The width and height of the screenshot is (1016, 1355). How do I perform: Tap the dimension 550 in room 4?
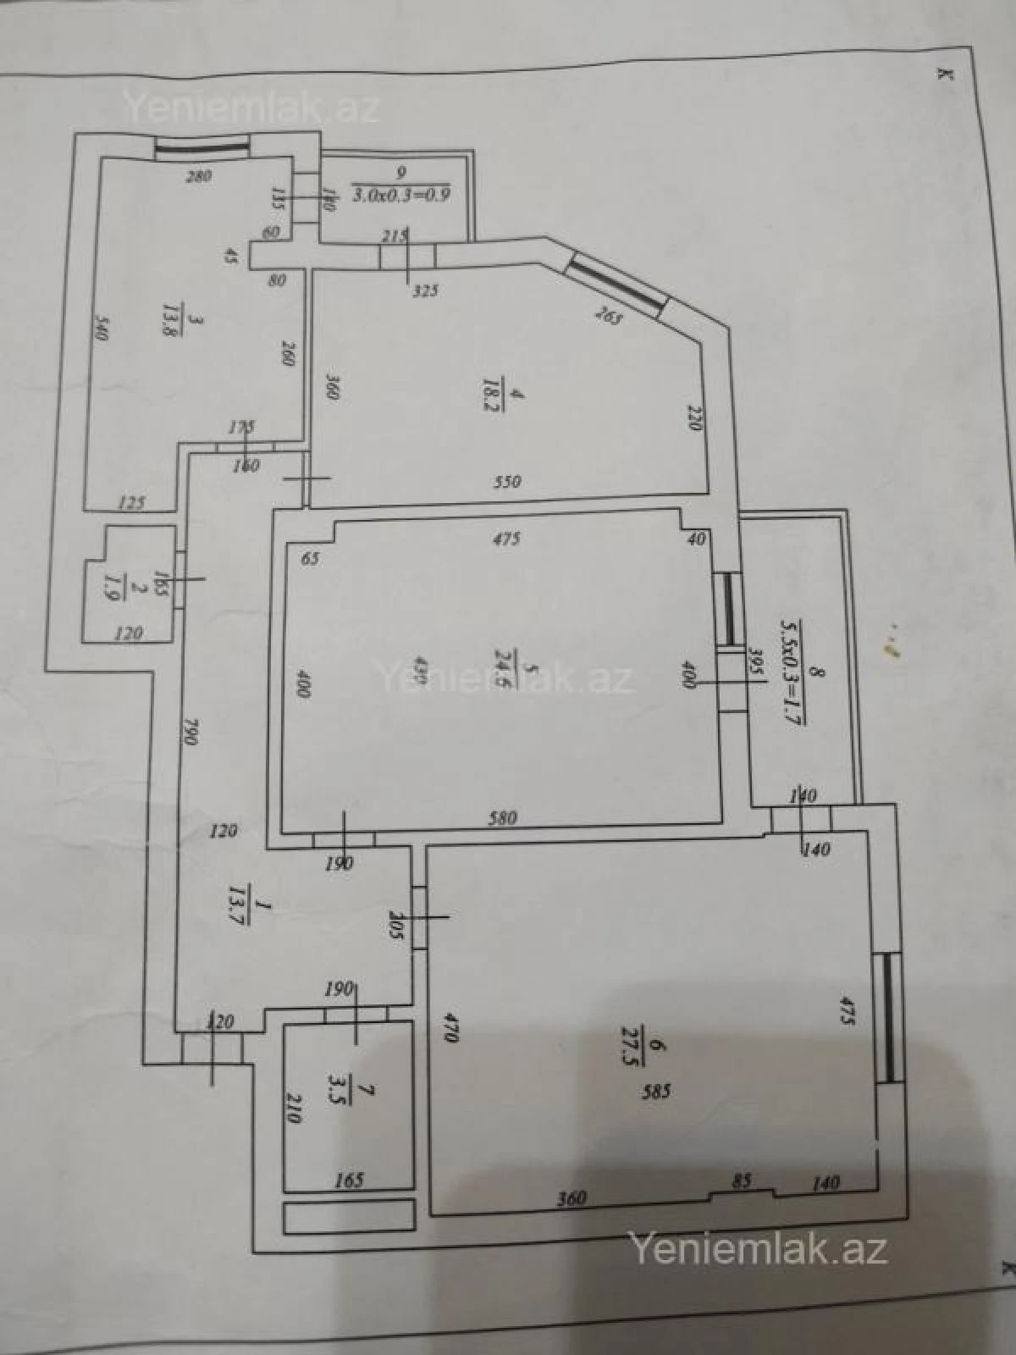coord(507,482)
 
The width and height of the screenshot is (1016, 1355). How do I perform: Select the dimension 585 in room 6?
coord(656,1092)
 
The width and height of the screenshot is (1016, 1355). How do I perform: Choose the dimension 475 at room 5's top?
coord(505,539)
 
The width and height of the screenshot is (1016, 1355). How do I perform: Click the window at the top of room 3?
coord(202,147)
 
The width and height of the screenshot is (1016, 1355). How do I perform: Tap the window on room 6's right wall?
coord(886,1017)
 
